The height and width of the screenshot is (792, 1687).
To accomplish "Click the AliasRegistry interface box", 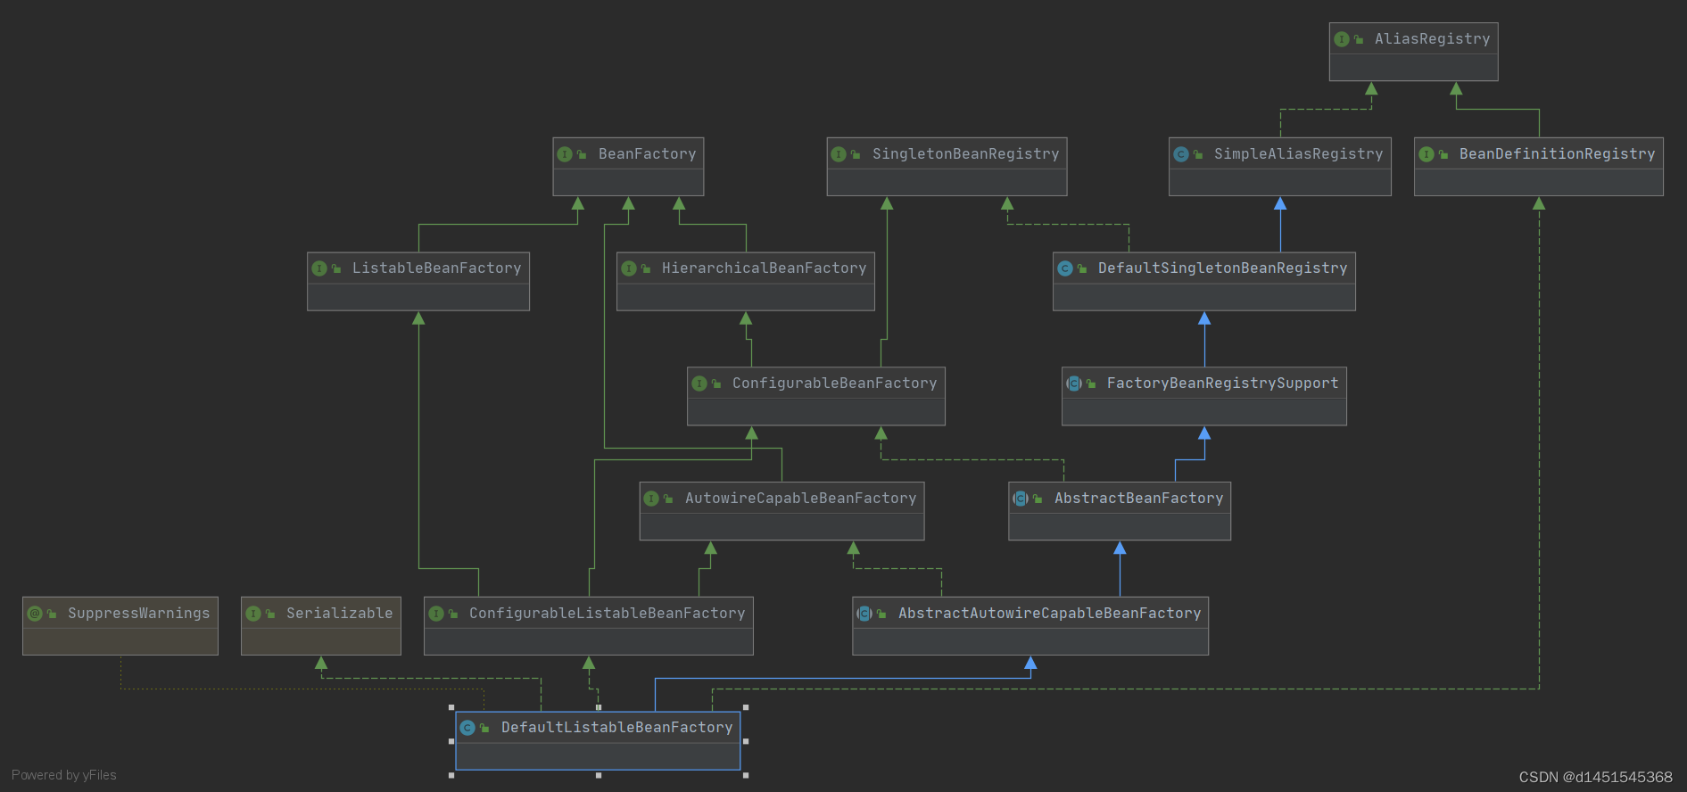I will tap(1413, 51).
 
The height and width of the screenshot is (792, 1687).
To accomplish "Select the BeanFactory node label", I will tap(647, 154).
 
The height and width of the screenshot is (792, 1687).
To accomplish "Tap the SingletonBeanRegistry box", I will tap(947, 166).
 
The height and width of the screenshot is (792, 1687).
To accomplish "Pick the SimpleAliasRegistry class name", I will tap(1298, 154).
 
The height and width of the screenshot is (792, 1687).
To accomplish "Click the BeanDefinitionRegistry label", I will tap(1557, 154).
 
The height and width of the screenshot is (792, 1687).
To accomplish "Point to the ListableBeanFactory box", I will tap(418, 281).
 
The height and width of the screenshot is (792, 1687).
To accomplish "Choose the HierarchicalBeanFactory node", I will tap(745, 281).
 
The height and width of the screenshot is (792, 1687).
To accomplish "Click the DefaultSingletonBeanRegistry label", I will tap(1222, 268).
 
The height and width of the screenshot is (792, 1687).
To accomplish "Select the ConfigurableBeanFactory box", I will tap(815, 396).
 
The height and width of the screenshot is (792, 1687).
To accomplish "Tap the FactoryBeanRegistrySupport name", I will tap(1222, 384).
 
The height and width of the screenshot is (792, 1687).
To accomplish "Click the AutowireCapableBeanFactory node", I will tap(781, 511).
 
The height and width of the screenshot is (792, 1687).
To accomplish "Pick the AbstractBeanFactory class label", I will tap(1138, 499).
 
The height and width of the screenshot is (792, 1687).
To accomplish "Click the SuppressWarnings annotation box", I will tap(120, 625).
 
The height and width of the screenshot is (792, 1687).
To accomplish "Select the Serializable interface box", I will tap(321, 625).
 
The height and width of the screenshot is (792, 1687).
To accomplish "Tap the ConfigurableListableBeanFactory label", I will tap(607, 614).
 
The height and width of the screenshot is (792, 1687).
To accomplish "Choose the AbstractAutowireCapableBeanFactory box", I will tap(1030, 625).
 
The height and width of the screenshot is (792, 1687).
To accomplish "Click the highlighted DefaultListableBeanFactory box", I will tap(598, 740).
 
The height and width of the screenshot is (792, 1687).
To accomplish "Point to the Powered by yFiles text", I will tap(64, 775).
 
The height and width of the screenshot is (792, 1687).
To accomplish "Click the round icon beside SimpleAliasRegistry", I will tap(1181, 154).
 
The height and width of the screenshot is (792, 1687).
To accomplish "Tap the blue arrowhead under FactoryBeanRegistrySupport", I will tap(1204, 433).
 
